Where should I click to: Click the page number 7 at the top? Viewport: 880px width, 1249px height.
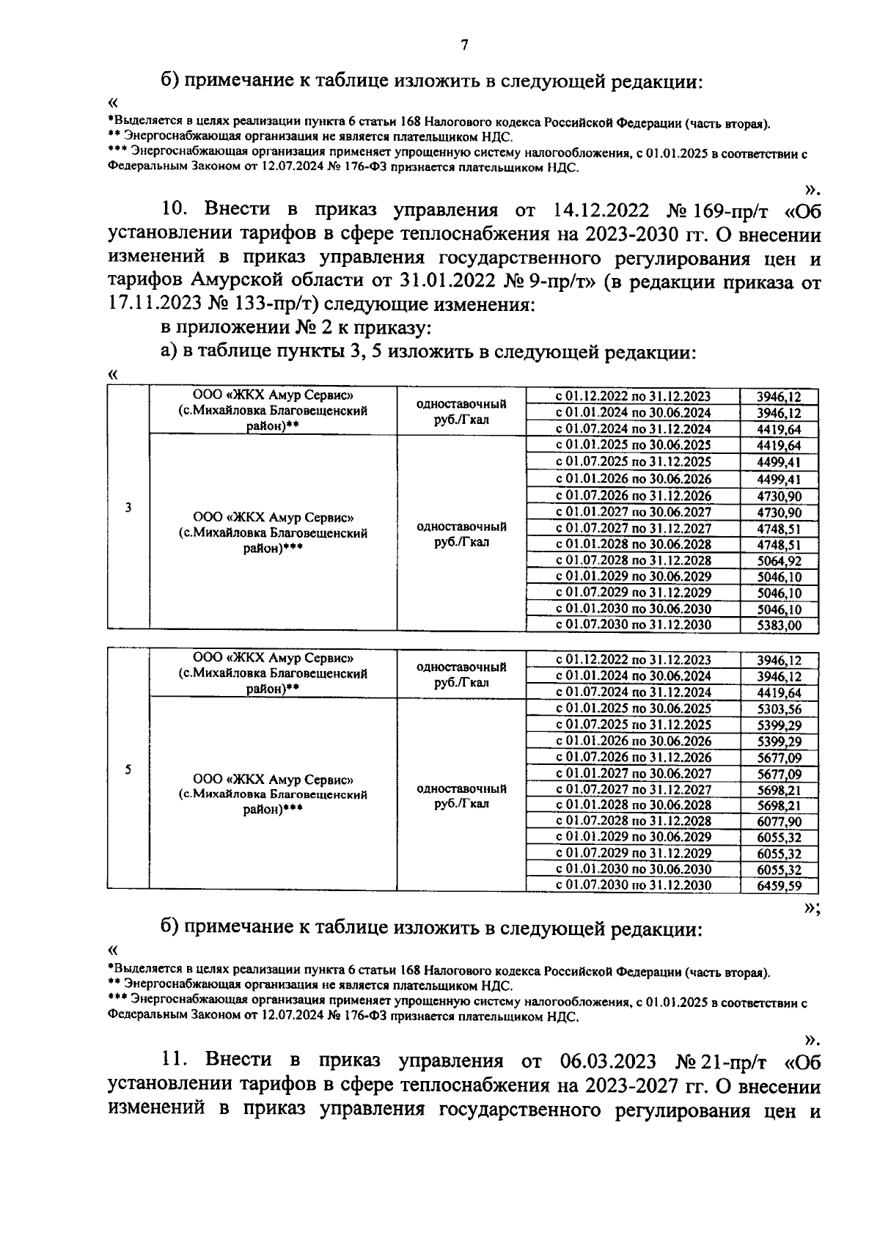pyautogui.click(x=463, y=45)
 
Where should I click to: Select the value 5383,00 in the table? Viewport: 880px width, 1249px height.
pyautogui.click(x=779, y=626)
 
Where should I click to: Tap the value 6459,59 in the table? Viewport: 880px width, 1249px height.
pyautogui.click(x=779, y=886)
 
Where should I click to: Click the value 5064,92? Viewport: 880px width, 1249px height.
pyautogui.click(x=779, y=561)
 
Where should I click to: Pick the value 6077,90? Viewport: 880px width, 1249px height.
pyautogui.click(x=779, y=821)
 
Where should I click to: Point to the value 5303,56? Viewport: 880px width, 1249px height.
pyautogui.click(x=779, y=708)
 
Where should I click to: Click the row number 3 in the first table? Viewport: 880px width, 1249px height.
pyautogui.click(x=128, y=508)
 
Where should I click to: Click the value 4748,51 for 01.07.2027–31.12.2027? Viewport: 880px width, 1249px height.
pyautogui.click(x=779, y=529)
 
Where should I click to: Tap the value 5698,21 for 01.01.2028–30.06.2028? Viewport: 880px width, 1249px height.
pyautogui.click(x=779, y=805)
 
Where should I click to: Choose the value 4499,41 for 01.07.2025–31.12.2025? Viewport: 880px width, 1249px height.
pyautogui.click(x=779, y=462)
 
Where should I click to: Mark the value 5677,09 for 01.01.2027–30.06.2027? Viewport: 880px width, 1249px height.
pyautogui.click(x=779, y=774)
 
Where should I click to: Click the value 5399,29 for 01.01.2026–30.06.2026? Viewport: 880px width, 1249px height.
pyautogui.click(x=779, y=741)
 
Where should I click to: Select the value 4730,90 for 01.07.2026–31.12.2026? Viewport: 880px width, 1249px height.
pyautogui.click(x=779, y=497)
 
